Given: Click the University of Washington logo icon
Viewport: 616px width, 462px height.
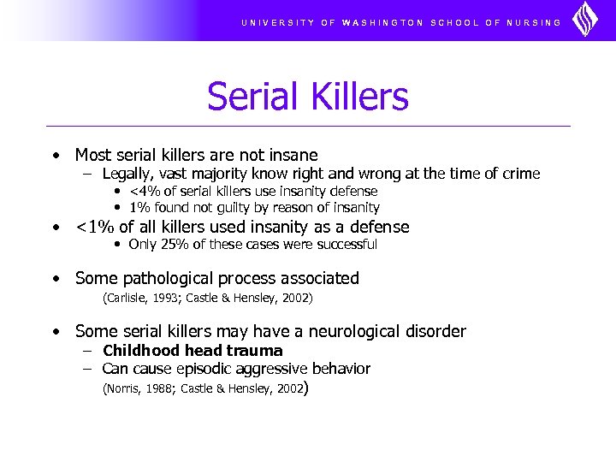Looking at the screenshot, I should click(x=585, y=20).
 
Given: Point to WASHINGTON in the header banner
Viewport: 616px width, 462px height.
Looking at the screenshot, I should click(x=382, y=23).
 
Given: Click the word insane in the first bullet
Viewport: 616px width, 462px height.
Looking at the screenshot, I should click(x=292, y=155).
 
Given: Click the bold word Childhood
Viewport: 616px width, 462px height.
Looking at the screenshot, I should click(x=139, y=351).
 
